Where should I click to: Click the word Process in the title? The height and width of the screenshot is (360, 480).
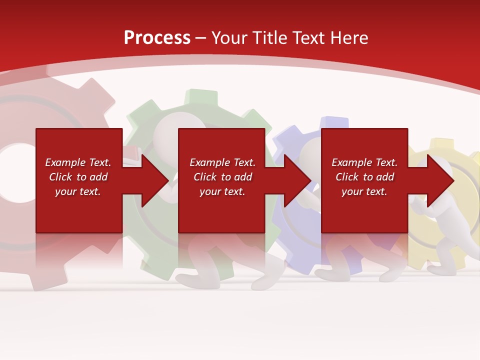coord(157,38)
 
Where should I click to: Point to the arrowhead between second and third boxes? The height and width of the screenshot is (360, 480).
coord(297,180)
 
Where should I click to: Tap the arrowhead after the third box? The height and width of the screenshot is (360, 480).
coord(439,180)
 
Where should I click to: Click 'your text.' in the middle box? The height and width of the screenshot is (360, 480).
coord(222,191)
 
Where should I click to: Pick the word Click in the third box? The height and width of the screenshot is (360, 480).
coord(346,177)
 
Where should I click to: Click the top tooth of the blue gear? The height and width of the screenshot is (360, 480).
coord(334,123)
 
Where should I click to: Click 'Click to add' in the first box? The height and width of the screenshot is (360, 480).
coord(78,177)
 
